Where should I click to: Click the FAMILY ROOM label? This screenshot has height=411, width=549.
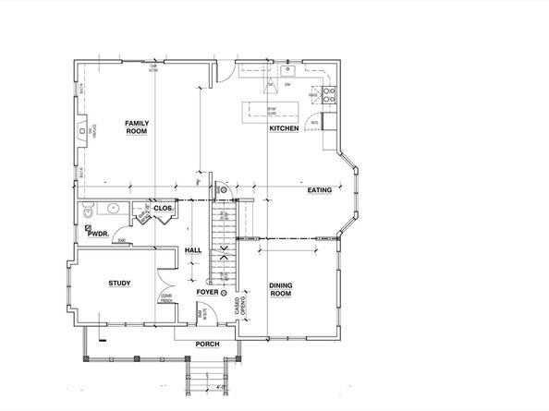[x=137, y=127]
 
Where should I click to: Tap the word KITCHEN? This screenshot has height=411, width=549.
[x=284, y=128]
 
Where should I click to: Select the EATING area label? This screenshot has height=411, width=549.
[x=319, y=189]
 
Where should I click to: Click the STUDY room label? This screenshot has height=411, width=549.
[x=118, y=284]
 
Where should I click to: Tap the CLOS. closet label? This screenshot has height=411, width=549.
[x=163, y=209]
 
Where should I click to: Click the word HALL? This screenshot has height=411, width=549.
[x=192, y=250]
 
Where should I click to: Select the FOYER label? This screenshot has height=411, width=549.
[x=208, y=293]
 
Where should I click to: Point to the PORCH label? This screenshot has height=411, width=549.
[x=205, y=345]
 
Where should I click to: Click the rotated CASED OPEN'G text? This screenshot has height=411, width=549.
[x=240, y=309]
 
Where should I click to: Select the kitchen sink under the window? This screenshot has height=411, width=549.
[x=288, y=70]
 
